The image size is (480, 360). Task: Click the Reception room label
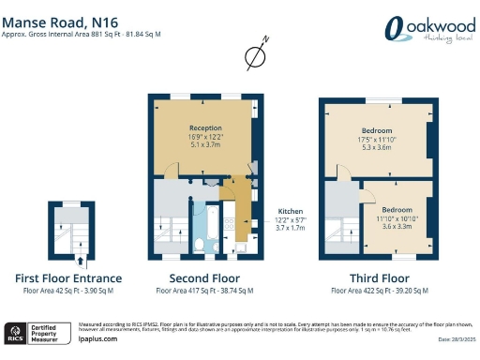203,127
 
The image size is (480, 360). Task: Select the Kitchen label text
291,211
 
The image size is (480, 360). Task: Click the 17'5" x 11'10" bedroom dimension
376,141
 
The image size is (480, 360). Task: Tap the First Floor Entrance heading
69,278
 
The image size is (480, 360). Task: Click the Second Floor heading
202,278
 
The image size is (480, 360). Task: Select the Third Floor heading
375,278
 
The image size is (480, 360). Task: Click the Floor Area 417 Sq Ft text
202,292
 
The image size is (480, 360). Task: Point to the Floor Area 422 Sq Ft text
375,292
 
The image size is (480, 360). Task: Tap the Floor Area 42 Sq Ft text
69,292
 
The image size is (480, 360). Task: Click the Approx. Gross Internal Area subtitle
82,33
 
